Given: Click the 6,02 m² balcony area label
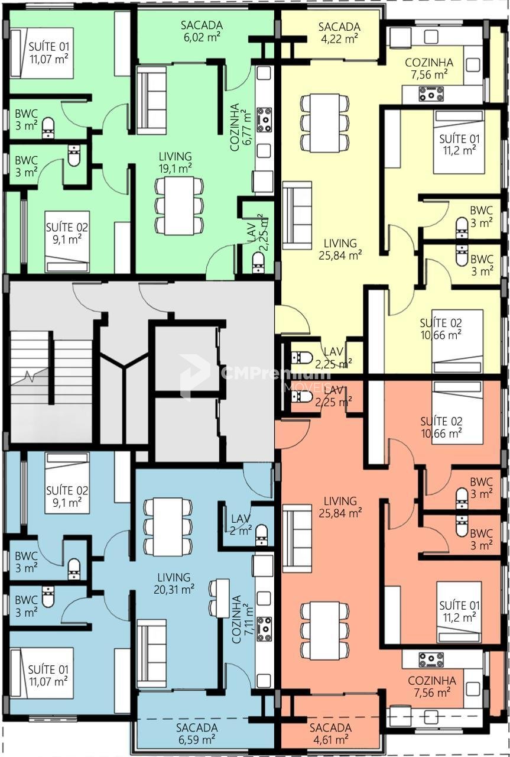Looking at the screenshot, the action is pos(202,31).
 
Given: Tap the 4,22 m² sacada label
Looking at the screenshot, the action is pos(339,33).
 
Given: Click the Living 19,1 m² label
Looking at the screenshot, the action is pos(176,163).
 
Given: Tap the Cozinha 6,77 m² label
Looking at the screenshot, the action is pos(241,127).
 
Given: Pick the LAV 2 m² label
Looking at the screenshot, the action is pos(241,524).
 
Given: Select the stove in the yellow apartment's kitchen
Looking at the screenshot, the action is pos(431,93).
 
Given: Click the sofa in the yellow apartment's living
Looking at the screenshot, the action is pos(297,215).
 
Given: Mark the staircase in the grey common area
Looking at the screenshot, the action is pos(51,386).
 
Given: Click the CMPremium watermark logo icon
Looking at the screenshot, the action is pos(194,376).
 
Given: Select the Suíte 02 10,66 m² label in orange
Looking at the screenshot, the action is pos(441,427).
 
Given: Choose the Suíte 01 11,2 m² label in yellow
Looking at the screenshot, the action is pos(459,144).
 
